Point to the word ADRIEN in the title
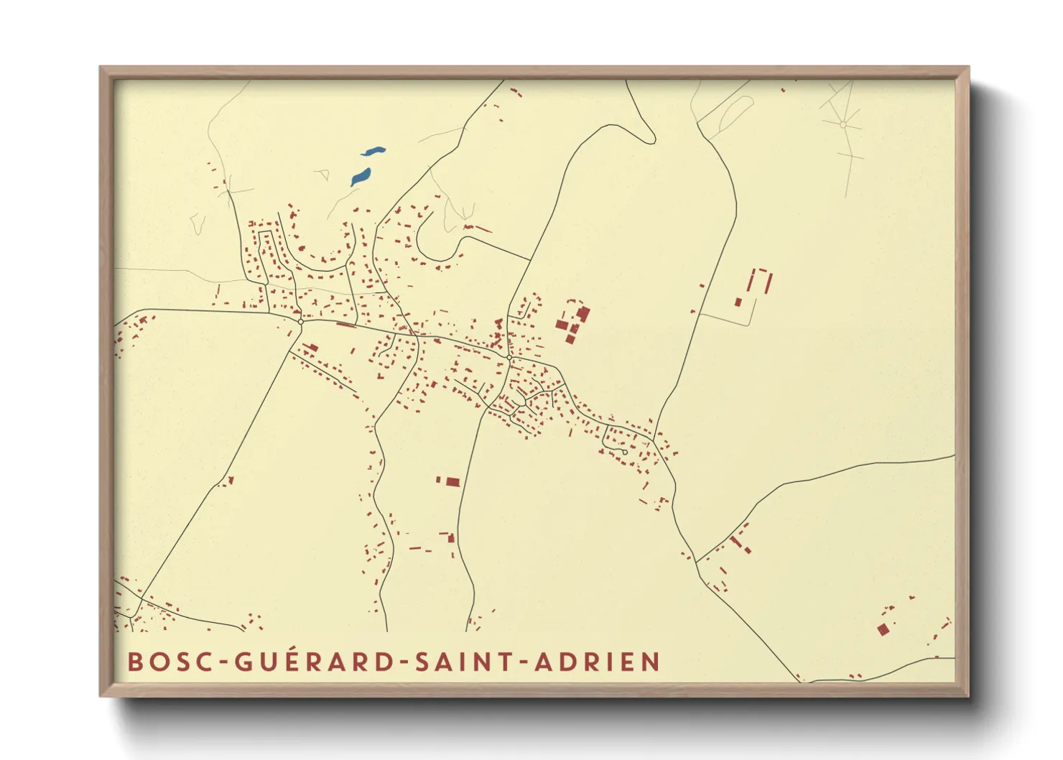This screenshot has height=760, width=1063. (598, 662)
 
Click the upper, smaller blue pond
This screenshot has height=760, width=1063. (373, 152)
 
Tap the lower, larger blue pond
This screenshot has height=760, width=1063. (360, 177)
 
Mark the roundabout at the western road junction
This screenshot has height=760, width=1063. (301, 322)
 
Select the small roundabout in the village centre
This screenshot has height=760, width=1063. (509, 357)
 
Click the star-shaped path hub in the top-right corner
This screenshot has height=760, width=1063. (843, 124)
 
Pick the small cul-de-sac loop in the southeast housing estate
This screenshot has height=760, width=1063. (625, 452)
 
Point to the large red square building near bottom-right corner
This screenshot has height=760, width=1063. (883, 630)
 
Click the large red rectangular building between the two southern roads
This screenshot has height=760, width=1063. (452, 481)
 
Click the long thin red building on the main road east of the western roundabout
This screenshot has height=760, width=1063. (346, 325)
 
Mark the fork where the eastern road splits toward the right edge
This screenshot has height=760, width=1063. (697, 561)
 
